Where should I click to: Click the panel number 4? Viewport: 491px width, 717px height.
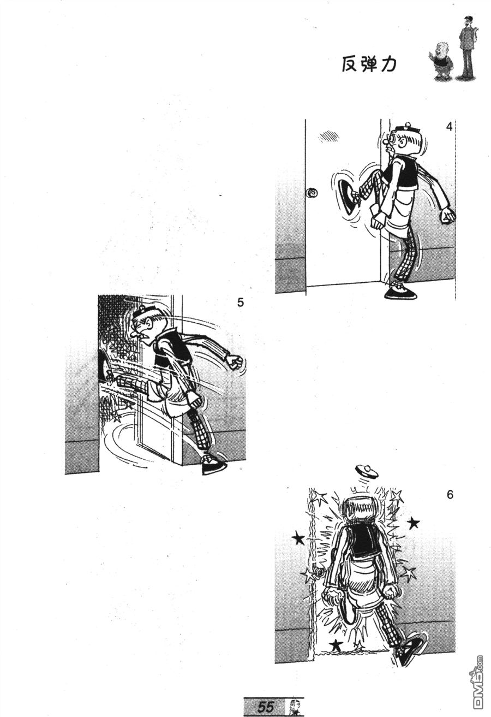[450, 127]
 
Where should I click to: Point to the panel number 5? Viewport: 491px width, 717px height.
[240, 303]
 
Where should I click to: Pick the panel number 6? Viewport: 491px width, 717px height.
[450, 495]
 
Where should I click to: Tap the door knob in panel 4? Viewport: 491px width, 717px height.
[312, 193]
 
